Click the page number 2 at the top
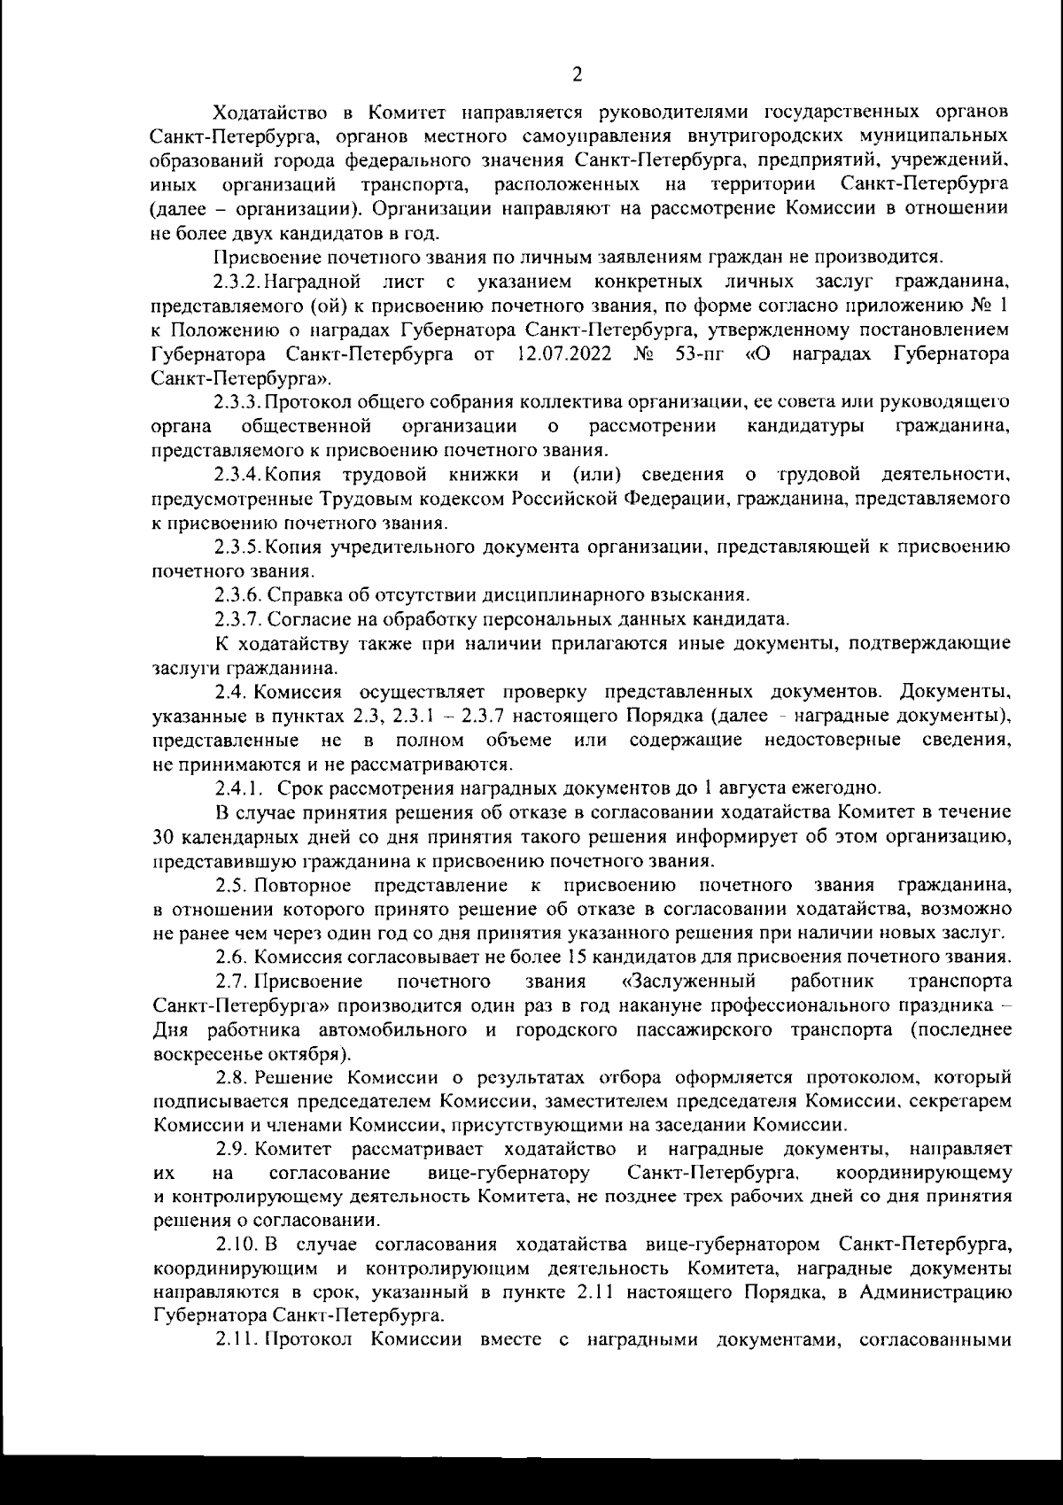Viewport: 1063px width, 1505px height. (578, 73)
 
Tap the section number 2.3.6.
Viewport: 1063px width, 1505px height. (237, 593)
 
